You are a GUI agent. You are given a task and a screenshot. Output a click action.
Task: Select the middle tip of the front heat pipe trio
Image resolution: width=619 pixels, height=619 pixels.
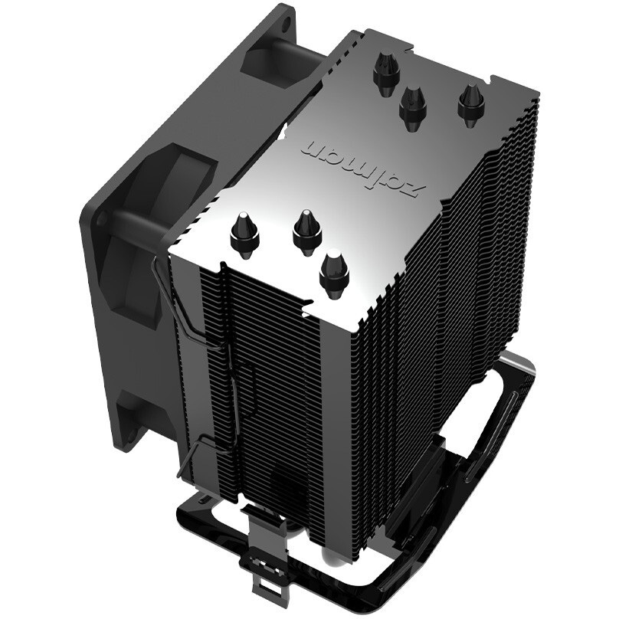click(x=303, y=229)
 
